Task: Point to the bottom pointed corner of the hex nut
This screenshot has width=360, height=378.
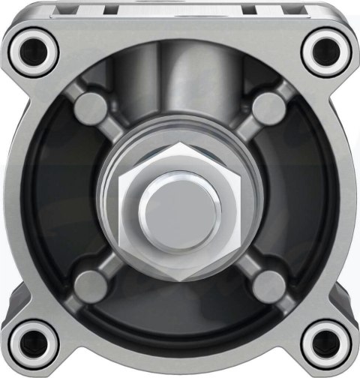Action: (x=180, y=278)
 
